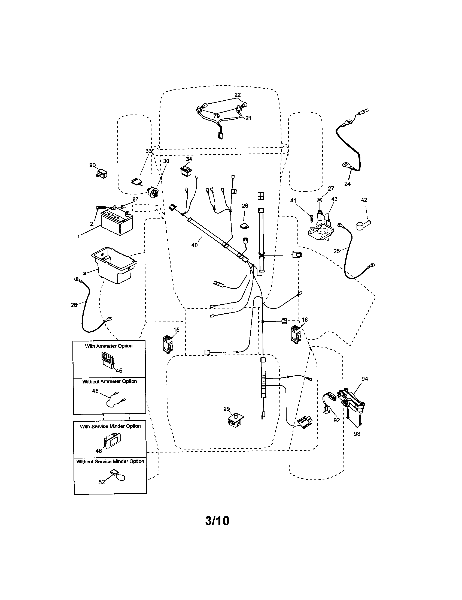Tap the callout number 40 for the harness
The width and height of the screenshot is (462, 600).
point(194,245)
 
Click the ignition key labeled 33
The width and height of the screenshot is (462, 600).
point(136,182)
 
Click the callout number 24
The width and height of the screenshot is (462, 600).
point(347,184)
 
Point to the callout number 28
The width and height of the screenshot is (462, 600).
point(74,305)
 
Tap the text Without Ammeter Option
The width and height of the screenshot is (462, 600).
point(110,381)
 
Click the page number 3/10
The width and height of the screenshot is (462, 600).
point(217,521)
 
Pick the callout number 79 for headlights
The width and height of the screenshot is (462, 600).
point(217,116)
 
